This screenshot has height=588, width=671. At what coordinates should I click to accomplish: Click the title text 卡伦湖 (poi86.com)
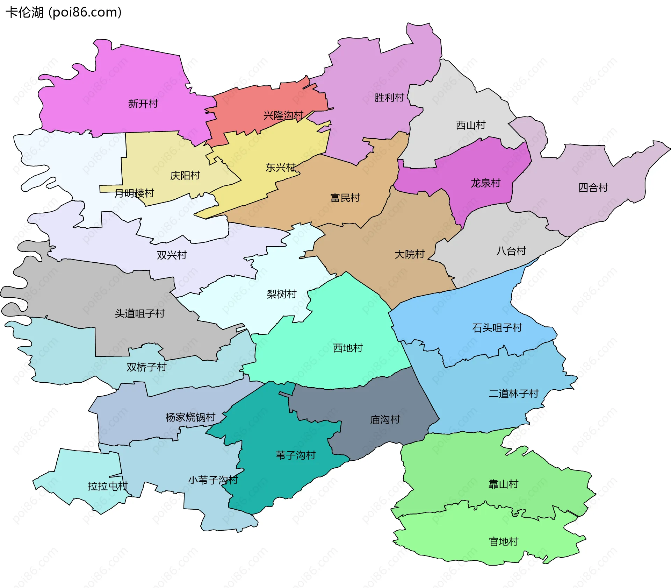[64, 12]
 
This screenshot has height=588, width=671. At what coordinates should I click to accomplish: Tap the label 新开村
[143, 104]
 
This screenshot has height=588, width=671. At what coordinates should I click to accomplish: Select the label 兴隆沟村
[283, 115]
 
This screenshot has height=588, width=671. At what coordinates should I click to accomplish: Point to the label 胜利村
[389, 97]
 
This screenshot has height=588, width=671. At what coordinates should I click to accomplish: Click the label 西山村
[470, 125]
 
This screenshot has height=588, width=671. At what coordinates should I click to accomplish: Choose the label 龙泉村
[485, 183]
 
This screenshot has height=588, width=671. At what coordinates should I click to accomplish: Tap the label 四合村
[593, 187]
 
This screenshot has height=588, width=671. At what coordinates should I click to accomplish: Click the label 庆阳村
[185, 175]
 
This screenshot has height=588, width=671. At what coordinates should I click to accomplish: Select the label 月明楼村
[134, 193]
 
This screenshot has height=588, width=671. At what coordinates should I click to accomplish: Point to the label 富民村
[345, 198]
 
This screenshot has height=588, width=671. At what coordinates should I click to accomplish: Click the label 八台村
[511, 251]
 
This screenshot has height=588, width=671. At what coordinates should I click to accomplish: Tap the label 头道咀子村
[140, 313]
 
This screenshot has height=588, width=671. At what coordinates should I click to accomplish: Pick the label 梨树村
[281, 294]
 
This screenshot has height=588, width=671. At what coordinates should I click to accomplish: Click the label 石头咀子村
[497, 327]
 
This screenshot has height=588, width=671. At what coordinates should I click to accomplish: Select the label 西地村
[348, 348]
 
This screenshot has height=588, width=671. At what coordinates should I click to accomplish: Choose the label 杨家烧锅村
[190, 417]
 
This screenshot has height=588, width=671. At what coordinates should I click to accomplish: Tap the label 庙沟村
[385, 419]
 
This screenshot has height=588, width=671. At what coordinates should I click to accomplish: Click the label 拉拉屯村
[108, 486]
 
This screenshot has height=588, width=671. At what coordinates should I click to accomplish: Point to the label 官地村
[503, 541]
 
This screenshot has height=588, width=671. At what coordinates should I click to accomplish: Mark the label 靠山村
[503, 484]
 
